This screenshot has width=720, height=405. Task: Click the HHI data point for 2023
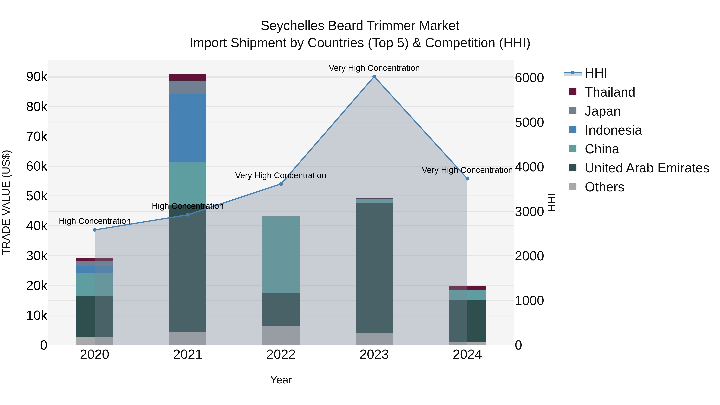[374, 77]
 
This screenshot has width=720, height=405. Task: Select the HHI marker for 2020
[94, 230]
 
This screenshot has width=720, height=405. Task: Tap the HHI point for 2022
[281, 184]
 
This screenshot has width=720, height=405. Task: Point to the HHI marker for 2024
[467, 179]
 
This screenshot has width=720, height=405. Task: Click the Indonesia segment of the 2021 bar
[188, 128]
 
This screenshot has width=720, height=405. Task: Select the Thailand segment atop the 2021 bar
[188, 77]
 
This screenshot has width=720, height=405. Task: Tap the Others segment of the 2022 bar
[281, 335]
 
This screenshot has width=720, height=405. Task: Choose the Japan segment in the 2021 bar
[188, 87]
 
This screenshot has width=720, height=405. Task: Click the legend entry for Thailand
[610, 92]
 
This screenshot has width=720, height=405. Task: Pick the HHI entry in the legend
[596, 73]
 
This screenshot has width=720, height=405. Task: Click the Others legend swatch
[573, 186]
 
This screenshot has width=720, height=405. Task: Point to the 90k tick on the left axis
[37, 77]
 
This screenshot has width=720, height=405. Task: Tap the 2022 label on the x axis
[281, 355]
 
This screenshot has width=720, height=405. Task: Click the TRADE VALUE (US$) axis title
[6, 202]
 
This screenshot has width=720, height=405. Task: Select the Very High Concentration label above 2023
[374, 68]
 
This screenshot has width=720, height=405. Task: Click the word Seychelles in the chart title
[292, 26]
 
